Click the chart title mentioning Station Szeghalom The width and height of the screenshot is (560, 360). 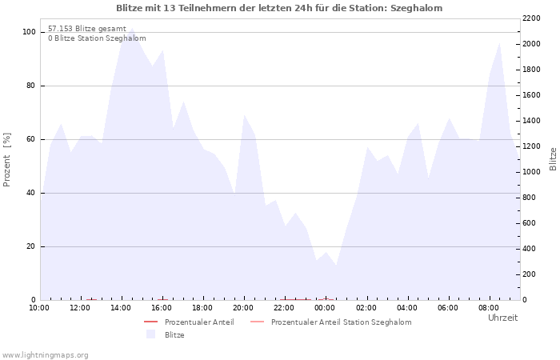coord(279,8)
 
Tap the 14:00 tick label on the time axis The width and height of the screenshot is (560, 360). coord(121,308)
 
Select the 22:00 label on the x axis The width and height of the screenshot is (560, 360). coord(284,308)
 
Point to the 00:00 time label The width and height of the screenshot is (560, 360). coord(325,308)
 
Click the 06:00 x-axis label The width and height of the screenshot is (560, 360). coord(448,308)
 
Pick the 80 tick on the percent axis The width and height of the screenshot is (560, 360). coord(30,86)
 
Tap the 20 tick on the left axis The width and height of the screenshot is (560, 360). coord(30,246)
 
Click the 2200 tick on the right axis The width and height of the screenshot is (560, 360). coord(531,18)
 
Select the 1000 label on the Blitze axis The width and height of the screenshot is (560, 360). coord(531,172)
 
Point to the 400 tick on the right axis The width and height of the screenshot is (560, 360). coord(530,249)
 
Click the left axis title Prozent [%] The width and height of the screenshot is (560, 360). coord(6,160)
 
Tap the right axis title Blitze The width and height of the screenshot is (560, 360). coord(553,159)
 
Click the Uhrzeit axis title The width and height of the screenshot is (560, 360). coord(503,318)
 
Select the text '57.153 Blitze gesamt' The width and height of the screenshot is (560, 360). coord(87,29)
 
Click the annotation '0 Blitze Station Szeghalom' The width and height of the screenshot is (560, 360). coord(97,38)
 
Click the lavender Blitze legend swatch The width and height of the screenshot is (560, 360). coord(150,334)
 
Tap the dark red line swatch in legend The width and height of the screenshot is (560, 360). coord(150,322)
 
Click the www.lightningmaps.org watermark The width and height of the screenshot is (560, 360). coord(45,355)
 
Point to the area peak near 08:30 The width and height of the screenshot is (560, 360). coord(500,43)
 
